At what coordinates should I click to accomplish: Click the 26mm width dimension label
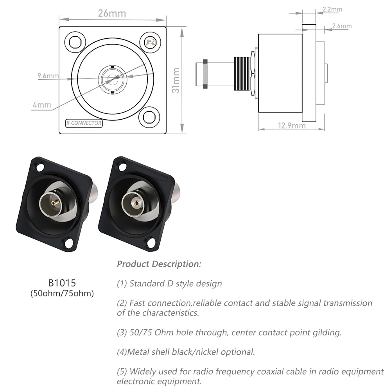(112, 13)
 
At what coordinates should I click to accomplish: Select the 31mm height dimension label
(176, 80)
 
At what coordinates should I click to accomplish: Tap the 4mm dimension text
(42, 105)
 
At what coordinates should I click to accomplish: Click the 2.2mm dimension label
(332, 9)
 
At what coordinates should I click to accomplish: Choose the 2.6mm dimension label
(341, 26)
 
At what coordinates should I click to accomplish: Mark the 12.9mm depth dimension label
(292, 126)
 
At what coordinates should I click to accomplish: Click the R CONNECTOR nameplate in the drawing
(84, 123)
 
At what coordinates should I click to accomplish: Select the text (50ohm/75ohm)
(62, 293)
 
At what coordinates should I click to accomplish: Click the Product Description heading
(159, 264)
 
